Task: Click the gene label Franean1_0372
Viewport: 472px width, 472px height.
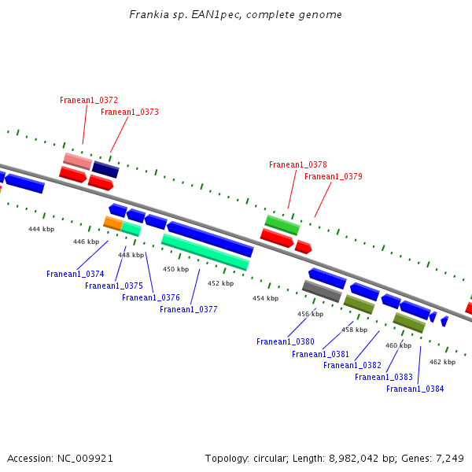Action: tap(89, 101)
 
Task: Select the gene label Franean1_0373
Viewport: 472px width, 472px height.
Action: tap(130, 112)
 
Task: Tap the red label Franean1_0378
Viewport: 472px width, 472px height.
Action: tap(298, 165)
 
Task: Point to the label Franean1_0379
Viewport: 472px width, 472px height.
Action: tap(334, 177)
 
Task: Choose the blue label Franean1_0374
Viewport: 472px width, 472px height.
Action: tap(76, 275)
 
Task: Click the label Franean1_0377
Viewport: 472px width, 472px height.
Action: tap(189, 310)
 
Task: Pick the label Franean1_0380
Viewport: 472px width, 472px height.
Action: tap(286, 342)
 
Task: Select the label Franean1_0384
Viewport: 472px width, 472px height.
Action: tap(415, 389)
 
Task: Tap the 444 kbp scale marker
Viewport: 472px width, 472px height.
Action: tap(42, 230)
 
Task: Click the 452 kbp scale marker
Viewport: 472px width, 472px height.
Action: tap(220, 284)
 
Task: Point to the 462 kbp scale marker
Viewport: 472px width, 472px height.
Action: tap(442, 363)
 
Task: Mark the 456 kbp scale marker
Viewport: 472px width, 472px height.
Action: tap(310, 315)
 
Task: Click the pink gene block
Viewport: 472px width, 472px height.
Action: tap(78, 161)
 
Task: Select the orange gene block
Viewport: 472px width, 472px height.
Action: tap(112, 223)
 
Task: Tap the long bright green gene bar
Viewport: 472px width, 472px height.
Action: tap(205, 252)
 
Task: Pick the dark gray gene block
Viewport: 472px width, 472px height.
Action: tap(322, 291)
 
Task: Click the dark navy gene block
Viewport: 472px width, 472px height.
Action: tap(105, 170)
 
